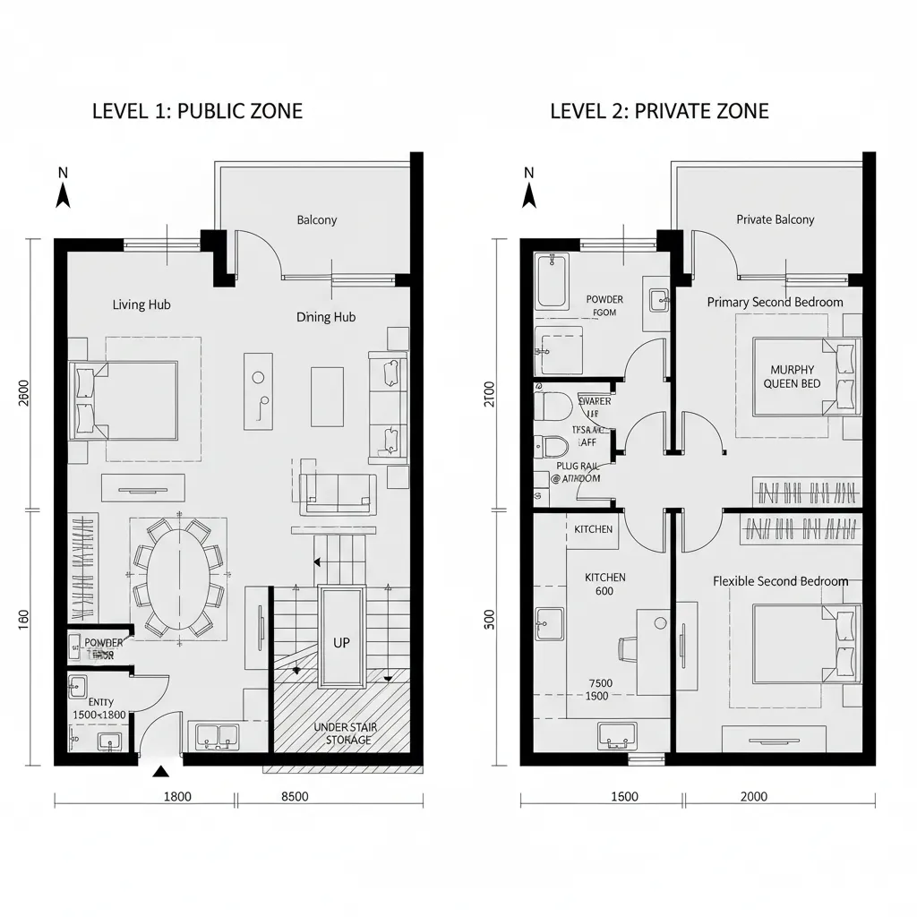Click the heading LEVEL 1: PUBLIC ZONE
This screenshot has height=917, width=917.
(x=197, y=111)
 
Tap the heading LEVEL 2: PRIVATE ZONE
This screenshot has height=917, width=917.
(x=658, y=111)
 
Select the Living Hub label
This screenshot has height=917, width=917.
(x=141, y=304)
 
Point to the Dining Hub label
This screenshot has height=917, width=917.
(x=326, y=317)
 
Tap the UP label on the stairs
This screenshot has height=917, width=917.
(x=341, y=642)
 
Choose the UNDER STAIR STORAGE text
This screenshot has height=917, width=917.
(x=346, y=733)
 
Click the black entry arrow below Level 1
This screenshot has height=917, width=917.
(x=160, y=771)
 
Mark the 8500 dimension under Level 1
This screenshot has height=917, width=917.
(x=296, y=797)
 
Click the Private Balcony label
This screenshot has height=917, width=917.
(x=776, y=219)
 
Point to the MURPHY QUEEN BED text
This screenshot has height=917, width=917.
(x=792, y=376)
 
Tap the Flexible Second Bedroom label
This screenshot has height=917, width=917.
(x=780, y=581)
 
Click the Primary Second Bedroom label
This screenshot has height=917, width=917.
(x=775, y=302)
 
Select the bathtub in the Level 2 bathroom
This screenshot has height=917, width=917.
(x=552, y=281)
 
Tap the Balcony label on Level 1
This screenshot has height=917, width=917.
(x=317, y=219)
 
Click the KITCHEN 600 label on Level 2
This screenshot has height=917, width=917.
(x=605, y=584)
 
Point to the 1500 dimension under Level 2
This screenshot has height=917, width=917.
(x=623, y=797)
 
